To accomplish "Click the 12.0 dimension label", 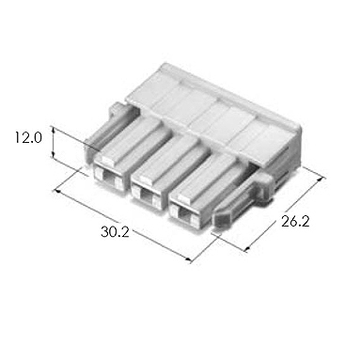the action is click(28, 138).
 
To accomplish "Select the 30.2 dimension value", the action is click(115, 232).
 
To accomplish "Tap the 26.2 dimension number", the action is click(295, 222).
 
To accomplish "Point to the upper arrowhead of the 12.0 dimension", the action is click(54, 129).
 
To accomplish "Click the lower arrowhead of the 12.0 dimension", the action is click(54, 155).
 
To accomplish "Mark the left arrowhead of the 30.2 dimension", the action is click(57, 190).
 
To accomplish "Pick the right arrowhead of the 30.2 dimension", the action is click(188, 259).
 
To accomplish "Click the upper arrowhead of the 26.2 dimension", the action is click(320, 179).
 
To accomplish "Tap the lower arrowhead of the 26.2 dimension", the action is click(247, 249).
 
